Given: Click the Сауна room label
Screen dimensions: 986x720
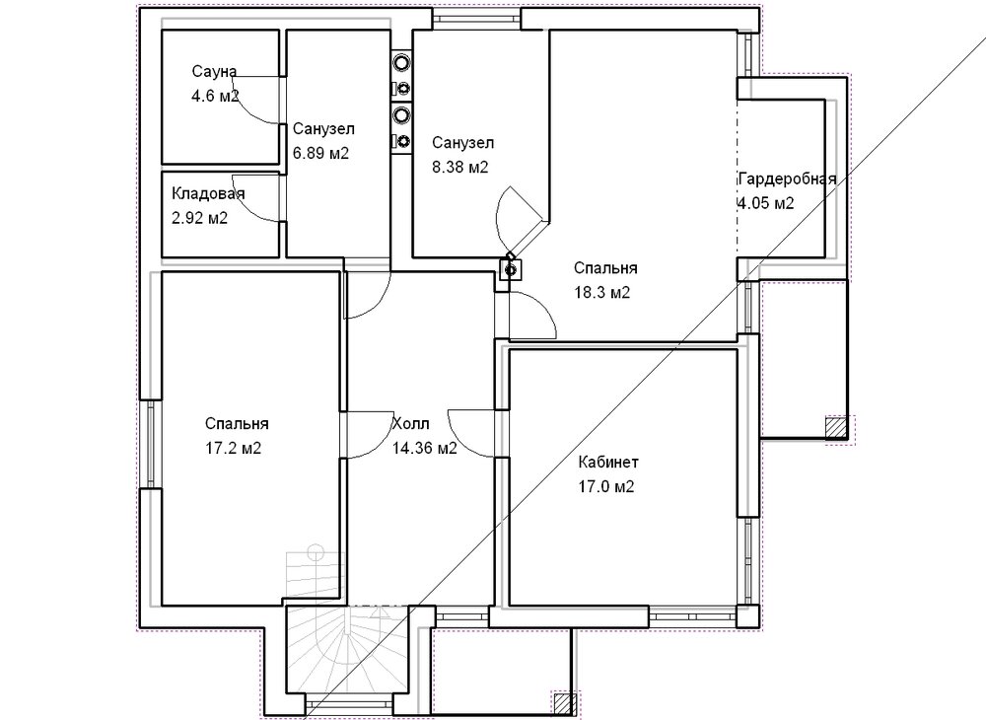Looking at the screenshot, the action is [214, 71].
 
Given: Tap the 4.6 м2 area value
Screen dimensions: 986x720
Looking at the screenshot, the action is [215, 96].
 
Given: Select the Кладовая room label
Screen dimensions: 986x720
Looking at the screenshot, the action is [208, 193].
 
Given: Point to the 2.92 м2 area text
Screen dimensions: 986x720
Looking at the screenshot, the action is [199, 218].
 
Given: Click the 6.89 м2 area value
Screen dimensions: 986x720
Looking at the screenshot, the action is [320, 153].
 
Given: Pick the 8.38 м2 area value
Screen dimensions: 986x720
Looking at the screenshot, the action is [459, 167].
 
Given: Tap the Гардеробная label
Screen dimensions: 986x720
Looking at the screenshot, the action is [787, 179].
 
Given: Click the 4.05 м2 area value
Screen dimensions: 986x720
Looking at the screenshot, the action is [766, 203].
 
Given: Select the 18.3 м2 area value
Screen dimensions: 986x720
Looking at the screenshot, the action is [601, 292].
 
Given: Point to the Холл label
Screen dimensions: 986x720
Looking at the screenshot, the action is [410, 423].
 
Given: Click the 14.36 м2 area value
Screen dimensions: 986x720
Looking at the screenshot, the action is [424, 448].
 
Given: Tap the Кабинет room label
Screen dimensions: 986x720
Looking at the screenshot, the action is [608, 463].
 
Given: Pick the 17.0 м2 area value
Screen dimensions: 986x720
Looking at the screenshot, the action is [606, 486].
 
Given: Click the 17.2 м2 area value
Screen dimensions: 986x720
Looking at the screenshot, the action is [233, 448].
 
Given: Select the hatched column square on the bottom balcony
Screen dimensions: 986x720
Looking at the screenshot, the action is [565, 704].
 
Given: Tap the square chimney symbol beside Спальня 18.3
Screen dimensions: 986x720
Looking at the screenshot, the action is [510, 270].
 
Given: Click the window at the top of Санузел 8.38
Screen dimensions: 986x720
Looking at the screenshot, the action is [476, 20].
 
